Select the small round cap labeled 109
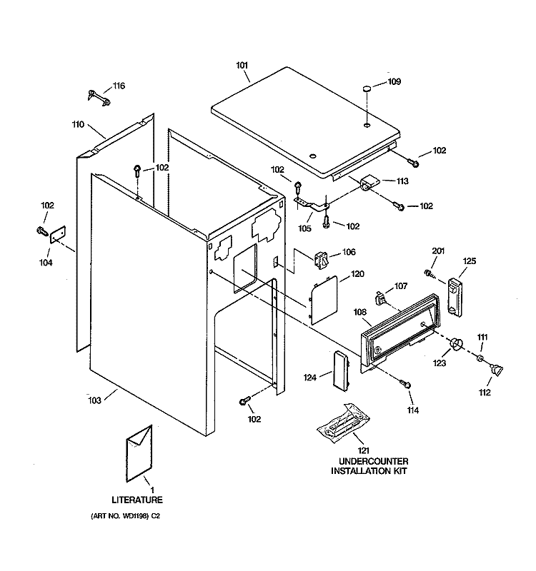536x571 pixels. [365, 89]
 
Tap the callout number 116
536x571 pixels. [118, 86]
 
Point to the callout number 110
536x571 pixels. [78, 124]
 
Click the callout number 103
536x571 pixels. [114, 400]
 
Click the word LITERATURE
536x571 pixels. [137, 499]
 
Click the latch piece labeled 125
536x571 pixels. [455, 295]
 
